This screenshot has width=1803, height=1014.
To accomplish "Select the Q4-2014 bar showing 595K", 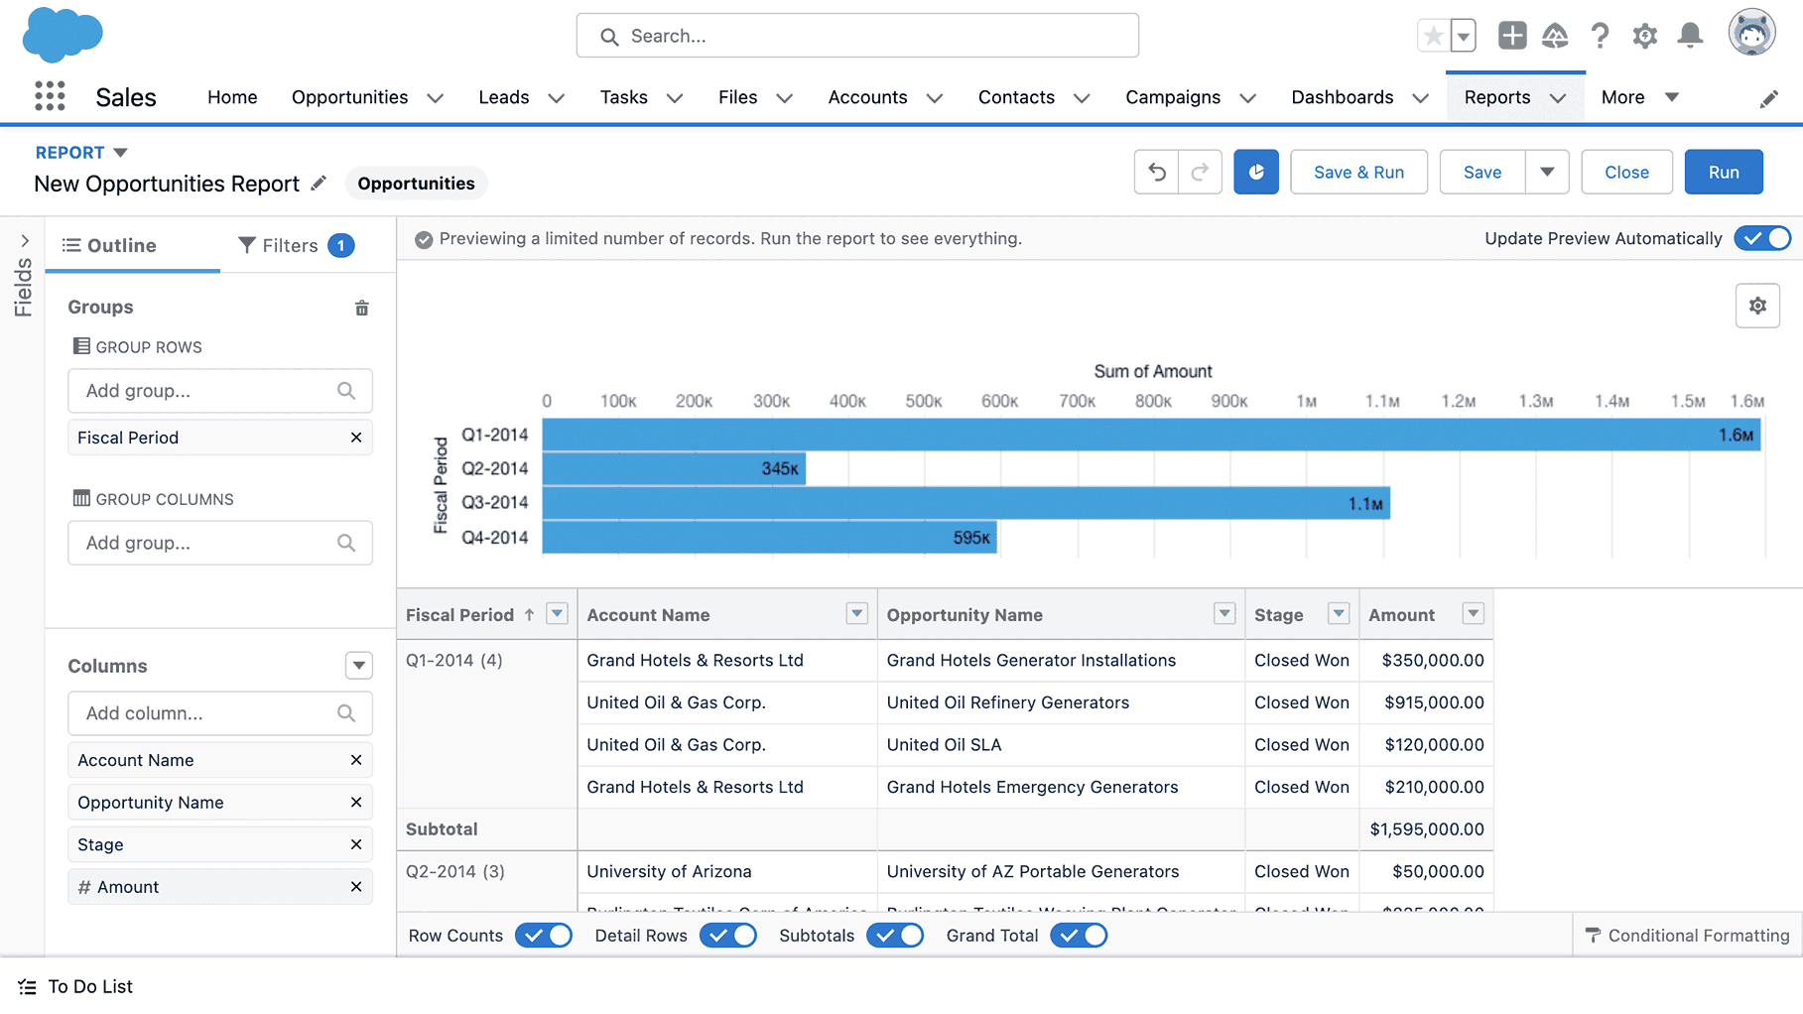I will pos(769,538).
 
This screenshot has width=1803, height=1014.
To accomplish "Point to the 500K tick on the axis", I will pos(923,401).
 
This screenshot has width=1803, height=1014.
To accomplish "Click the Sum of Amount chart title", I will pos(1152,371).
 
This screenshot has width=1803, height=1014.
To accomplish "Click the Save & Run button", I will pos(1358,172).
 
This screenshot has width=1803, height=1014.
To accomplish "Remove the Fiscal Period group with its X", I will pos(356,438).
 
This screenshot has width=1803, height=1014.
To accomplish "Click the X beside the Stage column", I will pos(356,844).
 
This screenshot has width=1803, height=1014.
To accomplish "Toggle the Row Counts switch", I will pos(544,936).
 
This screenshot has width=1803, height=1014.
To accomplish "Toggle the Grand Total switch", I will pos(1079,936).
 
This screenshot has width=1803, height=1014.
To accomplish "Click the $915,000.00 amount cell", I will pos(1434,702).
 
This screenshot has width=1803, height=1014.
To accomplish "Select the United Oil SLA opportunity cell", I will pos(944,745).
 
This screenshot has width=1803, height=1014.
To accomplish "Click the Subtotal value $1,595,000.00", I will pos(1426,829).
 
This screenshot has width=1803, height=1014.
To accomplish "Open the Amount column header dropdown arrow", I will pos(1473,614).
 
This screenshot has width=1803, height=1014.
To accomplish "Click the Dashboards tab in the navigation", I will pos(1342,97).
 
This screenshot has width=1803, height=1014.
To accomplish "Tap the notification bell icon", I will pos(1690,36).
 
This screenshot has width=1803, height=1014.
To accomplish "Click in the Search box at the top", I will pos(857,36).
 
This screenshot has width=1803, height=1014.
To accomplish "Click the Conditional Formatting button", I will pos(1688,936).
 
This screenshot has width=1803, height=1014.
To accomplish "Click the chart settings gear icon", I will pos(1756,306).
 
